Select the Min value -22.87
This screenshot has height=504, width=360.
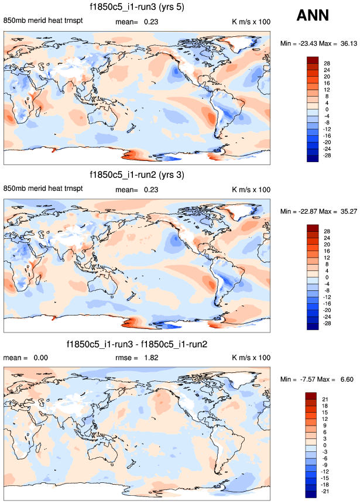point(306,211)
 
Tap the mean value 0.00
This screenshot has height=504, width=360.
point(40,357)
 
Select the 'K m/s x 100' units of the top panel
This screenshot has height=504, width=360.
point(251,22)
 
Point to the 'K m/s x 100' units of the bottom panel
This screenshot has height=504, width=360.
point(251,357)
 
